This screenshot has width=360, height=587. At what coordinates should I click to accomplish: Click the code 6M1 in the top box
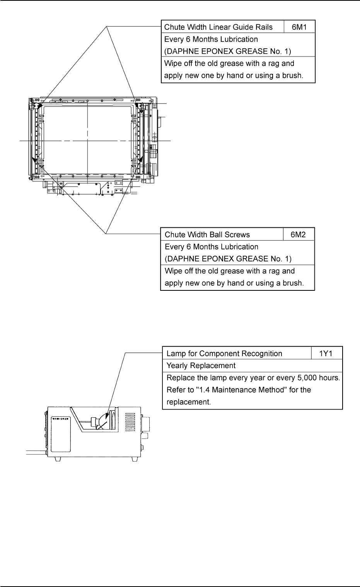click(x=299, y=27)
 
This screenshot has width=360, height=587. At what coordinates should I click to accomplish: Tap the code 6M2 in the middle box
click(x=299, y=235)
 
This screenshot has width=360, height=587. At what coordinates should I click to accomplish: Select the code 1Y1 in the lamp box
click(x=326, y=353)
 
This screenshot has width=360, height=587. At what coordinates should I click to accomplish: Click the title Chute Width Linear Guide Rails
click(x=218, y=27)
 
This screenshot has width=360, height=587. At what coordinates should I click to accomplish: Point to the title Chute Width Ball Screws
click(x=207, y=235)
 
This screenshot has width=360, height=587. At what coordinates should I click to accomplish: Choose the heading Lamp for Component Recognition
click(x=224, y=353)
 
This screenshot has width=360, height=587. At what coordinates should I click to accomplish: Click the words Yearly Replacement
click(x=201, y=365)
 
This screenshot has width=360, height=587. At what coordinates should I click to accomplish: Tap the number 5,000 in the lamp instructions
click(x=311, y=377)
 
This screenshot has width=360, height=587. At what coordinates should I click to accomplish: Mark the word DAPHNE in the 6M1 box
click(x=182, y=51)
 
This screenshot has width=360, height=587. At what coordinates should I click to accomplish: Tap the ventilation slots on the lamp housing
click(x=130, y=424)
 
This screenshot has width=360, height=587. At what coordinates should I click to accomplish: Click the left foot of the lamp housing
click(x=57, y=459)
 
